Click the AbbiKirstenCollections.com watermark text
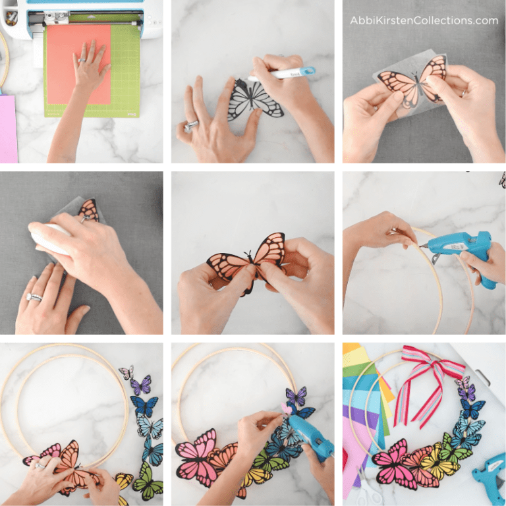click(x=424, y=20)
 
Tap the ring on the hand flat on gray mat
click(x=34, y=298)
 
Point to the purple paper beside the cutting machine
click(x=8, y=128)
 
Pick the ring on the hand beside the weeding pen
click(x=193, y=123)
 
